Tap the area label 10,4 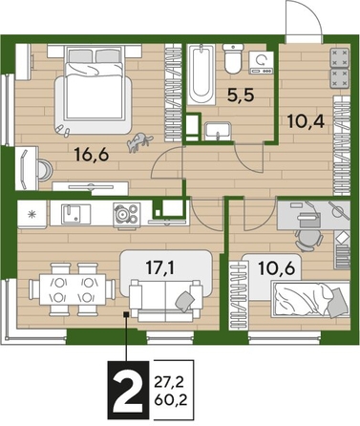tap(305, 121)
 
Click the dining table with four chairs tap(67, 288)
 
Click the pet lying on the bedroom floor tap(139, 141)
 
